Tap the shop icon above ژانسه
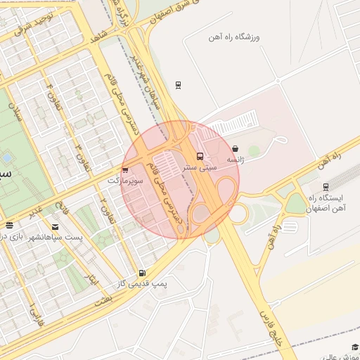pyautogui.click(x=235, y=149)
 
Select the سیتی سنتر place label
pyautogui.click(x=200, y=168)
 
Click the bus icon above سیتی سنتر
pyautogui.click(x=200, y=156)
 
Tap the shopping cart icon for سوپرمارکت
pyautogui.click(x=125, y=169)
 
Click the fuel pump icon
pyautogui.click(x=143, y=273)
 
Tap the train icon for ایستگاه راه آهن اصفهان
pyautogui.click(x=326, y=186)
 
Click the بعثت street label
pyautogui.click(x=107, y=300)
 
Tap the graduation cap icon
pyautogui.click(x=355, y=347)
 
